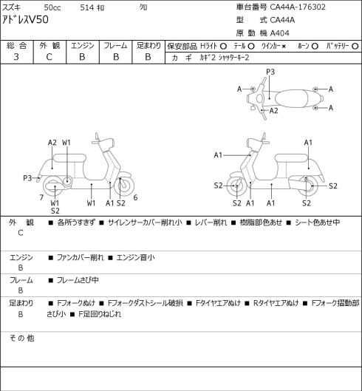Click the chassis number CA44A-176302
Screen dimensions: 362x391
[298, 7]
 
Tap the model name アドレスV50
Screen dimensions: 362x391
[25, 20]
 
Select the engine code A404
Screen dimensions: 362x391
[280, 33]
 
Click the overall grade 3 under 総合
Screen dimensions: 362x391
[16, 57]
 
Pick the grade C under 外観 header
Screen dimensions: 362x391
[49, 57]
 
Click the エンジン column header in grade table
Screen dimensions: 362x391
[83, 46]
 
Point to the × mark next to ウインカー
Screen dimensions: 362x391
[284, 47]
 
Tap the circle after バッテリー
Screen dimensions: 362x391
[355, 46]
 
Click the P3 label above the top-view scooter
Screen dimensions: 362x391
[270, 72]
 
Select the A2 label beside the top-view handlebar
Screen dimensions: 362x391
[273, 110]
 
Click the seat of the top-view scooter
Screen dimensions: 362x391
[290, 99]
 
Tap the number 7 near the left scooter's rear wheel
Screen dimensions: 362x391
[41, 197]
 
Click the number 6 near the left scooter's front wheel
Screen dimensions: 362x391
[135, 197]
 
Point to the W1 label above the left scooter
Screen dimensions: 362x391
[66, 143]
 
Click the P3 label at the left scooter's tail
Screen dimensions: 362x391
[27, 178]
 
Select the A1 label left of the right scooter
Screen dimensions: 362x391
[218, 155]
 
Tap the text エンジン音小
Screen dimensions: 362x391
[135, 257]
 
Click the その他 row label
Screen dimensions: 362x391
[21, 339]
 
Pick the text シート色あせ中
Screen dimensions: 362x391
[317, 222]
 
